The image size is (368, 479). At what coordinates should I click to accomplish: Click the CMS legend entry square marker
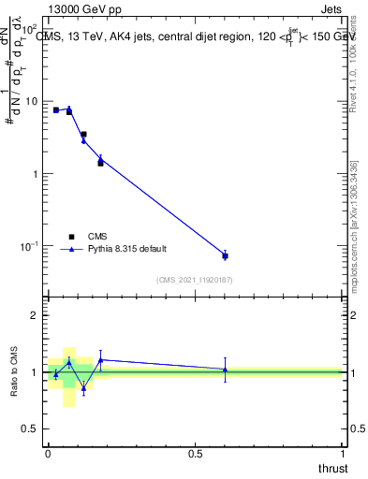pyautogui.click(x=70, y=237)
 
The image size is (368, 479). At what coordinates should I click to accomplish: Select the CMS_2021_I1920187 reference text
pyautogui.click(x=195, y=279)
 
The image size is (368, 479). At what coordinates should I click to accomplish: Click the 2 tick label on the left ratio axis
pyautogui.click(x=34, y=315)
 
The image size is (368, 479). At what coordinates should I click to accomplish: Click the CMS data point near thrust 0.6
pyautogui.click(x=225, y=255)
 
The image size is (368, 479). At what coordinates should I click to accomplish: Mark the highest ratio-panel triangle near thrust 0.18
pyautogui.click(x=100, y=359)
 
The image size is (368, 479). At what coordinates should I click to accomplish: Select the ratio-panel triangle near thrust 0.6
pyautogui.click(x=225, y=370)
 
